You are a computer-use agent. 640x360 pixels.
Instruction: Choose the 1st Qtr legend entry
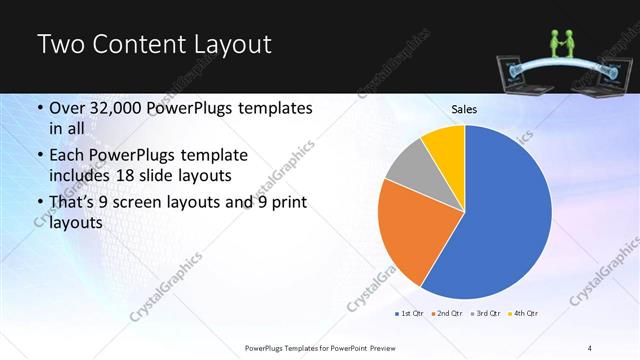411,314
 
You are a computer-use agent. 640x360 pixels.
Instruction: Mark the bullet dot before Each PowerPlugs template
39,157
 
